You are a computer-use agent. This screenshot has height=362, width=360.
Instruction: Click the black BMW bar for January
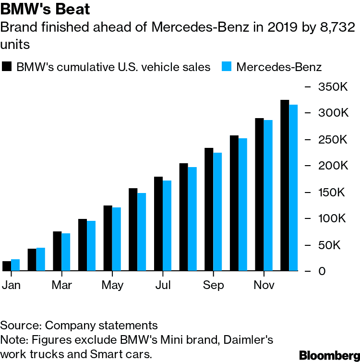tap(7, 266)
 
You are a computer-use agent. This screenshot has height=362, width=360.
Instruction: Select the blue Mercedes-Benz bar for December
tap(293, 188)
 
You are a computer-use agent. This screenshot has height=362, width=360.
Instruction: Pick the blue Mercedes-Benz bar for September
tap(217, 212)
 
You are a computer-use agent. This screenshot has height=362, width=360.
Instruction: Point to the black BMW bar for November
tap(259, 194)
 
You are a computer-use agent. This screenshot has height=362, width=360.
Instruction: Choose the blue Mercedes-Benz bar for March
tap(66, 252)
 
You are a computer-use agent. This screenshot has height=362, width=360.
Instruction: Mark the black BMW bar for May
tap(108, 238)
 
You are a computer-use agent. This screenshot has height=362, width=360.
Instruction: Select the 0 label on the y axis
tap(323, 271)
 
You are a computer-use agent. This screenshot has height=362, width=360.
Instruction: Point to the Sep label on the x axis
tap(213, 285)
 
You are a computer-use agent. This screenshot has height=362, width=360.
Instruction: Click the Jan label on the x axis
tap(12, 285)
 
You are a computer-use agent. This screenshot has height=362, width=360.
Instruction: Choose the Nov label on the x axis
tap(264, 285)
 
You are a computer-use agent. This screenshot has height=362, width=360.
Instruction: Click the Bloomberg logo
tap(329, 355)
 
